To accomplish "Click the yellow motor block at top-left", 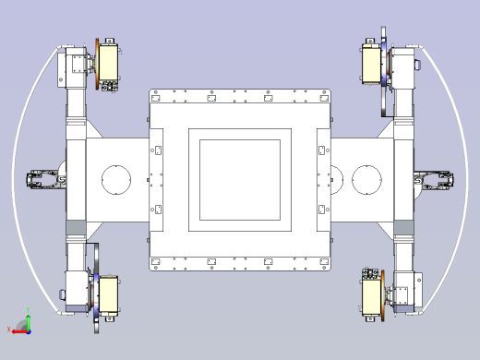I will click(x=109, y=63).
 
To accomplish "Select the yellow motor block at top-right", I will click(x=372, y=65).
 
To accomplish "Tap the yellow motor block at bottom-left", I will click(x=109, y=295).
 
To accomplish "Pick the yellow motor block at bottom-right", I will click(x=372, y=296).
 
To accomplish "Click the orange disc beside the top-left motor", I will click(x=96, y=65).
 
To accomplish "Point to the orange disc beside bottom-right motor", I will click(x=384, y=295).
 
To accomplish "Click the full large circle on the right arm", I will click(x=366, y=179).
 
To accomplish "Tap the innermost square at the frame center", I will click(x=240, y=179).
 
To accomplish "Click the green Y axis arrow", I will click(x=28, y=318).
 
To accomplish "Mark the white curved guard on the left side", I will click(x=20, y=179).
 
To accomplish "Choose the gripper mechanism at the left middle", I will click(x=44, y=179).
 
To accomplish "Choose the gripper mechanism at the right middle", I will click(x=434, y=179).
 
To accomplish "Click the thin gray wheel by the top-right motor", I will click(x=381, y=74).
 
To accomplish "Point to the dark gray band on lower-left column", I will click(x=76, y=228).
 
